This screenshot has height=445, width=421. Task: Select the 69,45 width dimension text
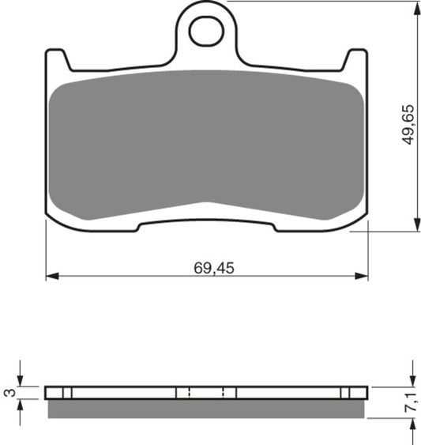coord(214,268)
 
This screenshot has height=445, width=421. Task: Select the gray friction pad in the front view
coord(207,146)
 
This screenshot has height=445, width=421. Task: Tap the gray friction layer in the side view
coord(207,409)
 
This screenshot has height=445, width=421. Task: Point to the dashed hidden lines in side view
coord(207,393)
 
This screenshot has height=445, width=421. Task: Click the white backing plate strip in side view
coord(126,393)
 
